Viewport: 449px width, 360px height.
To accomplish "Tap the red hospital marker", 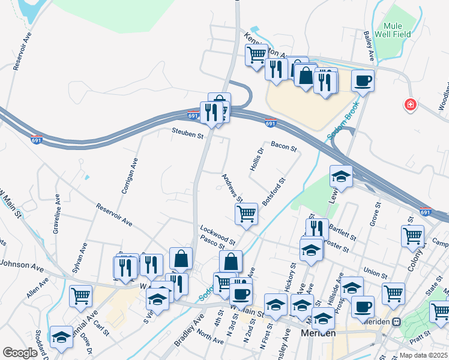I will (411, 105).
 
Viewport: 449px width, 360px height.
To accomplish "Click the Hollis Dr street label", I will (256, 158).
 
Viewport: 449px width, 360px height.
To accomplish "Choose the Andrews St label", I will (232, 188).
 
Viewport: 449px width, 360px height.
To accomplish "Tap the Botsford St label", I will (273, 191).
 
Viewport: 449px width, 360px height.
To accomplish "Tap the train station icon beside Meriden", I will (396, 322).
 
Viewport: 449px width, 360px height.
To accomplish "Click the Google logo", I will (20, 353).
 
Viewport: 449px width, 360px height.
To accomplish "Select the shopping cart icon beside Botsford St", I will (247, 213).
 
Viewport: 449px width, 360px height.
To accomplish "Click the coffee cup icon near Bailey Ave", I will (363, 80).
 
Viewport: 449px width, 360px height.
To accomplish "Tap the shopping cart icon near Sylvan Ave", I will (80, 295).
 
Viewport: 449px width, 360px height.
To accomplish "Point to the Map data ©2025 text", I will (423, 355).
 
